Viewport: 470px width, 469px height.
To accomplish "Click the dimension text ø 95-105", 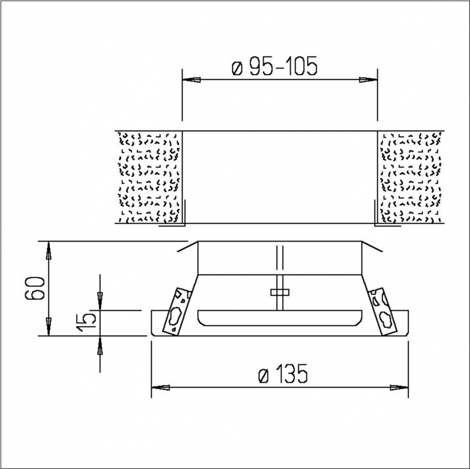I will [x=274, y=66].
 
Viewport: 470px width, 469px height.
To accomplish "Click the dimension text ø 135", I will [x=283, y=374].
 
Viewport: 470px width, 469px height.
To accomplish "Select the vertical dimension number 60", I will [x=35, y=288].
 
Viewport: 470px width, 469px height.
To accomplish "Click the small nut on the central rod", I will [x=280, y=292].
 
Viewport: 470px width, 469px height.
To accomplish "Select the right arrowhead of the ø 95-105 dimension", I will [x=367, y=79].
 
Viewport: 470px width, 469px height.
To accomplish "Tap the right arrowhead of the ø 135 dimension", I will [x=399, y=387].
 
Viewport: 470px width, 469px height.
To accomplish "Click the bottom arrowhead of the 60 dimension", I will [x=49, y=326].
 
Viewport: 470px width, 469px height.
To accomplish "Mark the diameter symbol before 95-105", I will [x=236, y=67].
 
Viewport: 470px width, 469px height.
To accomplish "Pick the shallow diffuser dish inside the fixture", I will [x=280, y=317].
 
